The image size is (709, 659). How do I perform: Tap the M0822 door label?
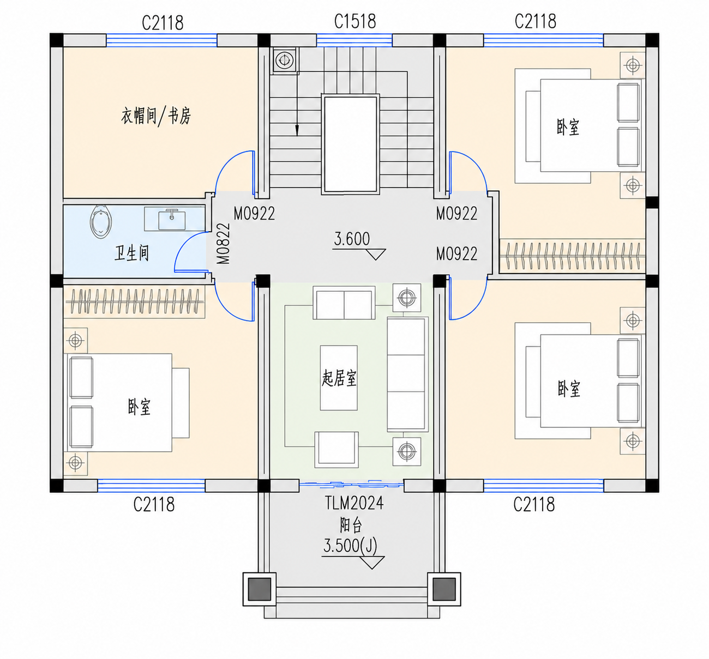[224, 244]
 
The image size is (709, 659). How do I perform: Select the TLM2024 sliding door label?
[354, 504]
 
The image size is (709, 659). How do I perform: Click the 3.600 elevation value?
[352, 239]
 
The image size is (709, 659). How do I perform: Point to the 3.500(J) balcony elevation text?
[350, 546]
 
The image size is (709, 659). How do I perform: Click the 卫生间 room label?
[132, 253]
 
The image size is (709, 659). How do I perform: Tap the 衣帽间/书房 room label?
[156, 116]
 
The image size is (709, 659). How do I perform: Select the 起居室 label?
[339, 378]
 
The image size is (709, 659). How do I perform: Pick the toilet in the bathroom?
[101, 222]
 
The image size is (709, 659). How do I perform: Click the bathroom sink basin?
[172, 220]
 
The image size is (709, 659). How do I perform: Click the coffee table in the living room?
[339, 378]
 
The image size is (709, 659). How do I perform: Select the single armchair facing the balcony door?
[337, 450]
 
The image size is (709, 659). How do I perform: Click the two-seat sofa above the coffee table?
[344, 303]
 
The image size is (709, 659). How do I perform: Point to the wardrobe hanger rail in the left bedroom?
[134, 301]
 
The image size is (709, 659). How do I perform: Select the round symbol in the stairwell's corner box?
[285, 60]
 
